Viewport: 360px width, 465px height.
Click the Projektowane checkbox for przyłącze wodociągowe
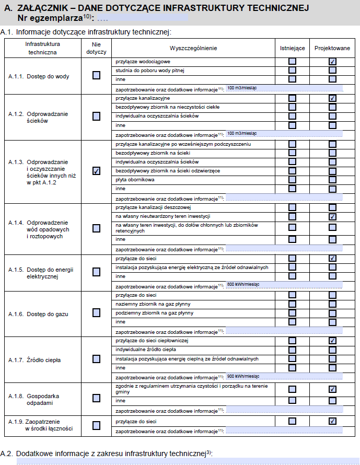point(332,62)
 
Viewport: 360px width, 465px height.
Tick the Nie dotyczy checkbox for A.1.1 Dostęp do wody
point(96,75)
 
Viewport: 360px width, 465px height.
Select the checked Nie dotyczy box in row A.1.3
point(96,171)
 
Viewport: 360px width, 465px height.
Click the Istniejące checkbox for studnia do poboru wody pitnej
point(292,70)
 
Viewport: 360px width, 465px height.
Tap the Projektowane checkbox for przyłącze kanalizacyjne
point(332,98)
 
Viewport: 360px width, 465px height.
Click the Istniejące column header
point(292,48)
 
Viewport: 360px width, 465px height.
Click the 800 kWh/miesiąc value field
point(285,285)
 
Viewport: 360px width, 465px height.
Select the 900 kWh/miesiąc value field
point(285,376)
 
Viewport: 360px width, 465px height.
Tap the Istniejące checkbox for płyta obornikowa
point(292,180)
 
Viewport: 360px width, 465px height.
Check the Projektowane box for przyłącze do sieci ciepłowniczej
point(332,341)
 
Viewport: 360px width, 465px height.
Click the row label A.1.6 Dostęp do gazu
point(39,314)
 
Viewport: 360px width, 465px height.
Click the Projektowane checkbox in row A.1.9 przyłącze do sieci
point(332,421)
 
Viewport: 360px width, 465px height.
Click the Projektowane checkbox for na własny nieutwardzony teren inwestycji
point(332,216)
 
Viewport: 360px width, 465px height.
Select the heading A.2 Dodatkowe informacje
point(107,453)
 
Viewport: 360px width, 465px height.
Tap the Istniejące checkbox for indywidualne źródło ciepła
point(292,350)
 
